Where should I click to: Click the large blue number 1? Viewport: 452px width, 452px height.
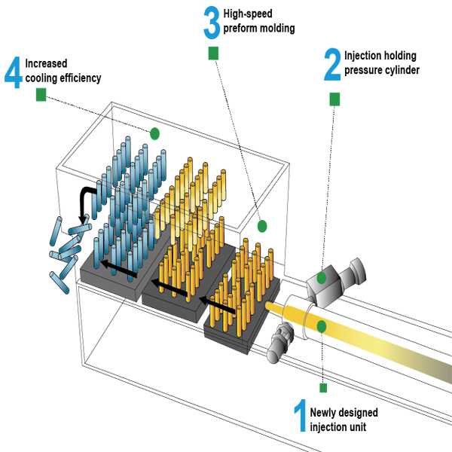(x=301, y=415)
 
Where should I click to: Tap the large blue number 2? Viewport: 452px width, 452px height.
(x=332, y=64)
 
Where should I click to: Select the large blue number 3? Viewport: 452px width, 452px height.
(x=212, y=23)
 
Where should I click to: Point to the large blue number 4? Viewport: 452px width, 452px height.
(x=14, y=72)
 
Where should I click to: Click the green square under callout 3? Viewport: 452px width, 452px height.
(x=213, y=53)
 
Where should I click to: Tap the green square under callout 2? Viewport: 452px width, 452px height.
(x=334, y=99)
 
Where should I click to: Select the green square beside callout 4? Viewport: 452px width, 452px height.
(x=41, y=95)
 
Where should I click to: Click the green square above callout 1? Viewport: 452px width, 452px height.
(x=323, y=388)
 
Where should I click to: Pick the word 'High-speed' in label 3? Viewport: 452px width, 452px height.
(x=248, y=14)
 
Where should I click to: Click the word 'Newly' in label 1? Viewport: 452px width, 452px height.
(x=321, y=413)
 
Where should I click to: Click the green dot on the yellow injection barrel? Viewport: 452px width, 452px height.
(x=322, y=327)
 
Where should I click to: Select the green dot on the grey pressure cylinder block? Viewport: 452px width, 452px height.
(x=322, y=278)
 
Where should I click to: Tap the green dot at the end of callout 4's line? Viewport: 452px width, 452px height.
(x=154, y=133)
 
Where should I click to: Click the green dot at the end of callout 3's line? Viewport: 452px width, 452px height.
(x=262, y=226)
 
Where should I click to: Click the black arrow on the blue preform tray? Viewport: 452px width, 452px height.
(x=118, y=268)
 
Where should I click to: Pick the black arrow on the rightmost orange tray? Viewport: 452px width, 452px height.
(x=217, y=304)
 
